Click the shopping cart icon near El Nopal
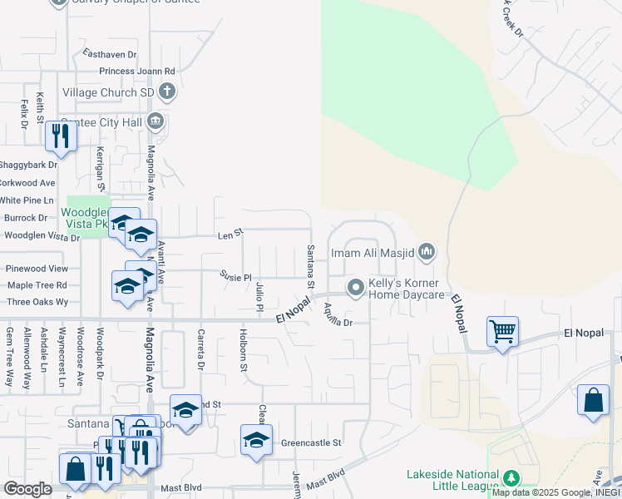pos(503,332)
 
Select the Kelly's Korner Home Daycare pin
pos(357,288)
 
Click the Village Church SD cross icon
pos(167,91)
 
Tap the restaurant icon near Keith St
pos(60,135)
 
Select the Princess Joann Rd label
pos(137,72)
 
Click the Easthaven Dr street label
pos(110,54)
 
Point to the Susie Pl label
pos(235,276)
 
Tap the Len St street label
pos(229,235)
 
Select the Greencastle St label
pos(312,443)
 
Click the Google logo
pos(27,488)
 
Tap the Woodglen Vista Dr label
pos(41,236)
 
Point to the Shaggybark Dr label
pos(27,165)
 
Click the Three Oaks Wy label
pos(37,302)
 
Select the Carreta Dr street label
pos(200,348)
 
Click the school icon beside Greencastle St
pos(256,440)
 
